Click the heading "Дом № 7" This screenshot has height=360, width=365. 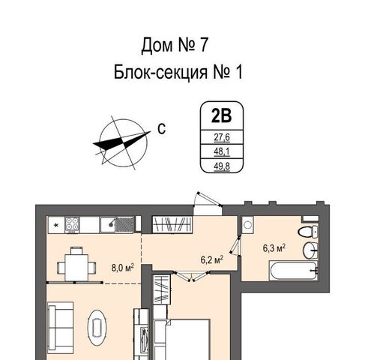pyautogui.click(x=175, y=45)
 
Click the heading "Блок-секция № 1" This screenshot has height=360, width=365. pyautogui.click(x=178, y=72)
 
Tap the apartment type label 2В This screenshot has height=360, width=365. pyautogui.click(x=222, y=115)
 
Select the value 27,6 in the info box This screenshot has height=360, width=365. pyautogui.click(x=222, y=137)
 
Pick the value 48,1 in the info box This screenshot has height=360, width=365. pyautogui.click(x=222, y=151)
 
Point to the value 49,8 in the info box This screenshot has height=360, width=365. pyautogui.click(x=222, y=166)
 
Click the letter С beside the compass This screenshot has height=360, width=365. pyautogui.click(x=162, y=129)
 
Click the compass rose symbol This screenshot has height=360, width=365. pyautogui.click(x=122, y=142)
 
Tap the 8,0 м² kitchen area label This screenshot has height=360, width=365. pyautogui.click(x=123, y=268)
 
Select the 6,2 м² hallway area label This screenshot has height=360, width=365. pyautogui.click(x=212, y=259)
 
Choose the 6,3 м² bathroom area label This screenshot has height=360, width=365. pyautogui.click(x=274, y=248)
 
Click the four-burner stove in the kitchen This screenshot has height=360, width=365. pyautogui.click(x=72, y=224)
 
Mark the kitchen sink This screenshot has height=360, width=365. pyautogui.click(x=117, y=224)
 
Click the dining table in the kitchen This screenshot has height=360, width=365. pyautogui.click(x=76, y=267)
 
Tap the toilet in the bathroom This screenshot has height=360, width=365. pyautogui.click(x=308, y=232)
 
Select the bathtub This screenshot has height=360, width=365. pyautogui.click(x=293, y=271)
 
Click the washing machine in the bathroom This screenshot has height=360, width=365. pyautogui.click(x=247, y=225)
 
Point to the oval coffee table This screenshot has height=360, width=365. pyautogui.click(x=97, y=328)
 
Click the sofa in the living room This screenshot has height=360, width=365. pyautogui.click(x=61, y=328)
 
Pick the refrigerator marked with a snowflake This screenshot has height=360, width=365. pyautogui.click(x=56, y=225)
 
